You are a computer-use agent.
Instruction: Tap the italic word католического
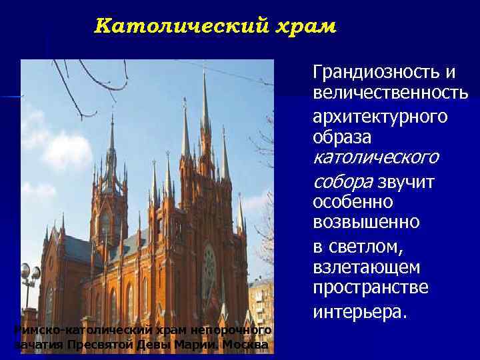[375, 158]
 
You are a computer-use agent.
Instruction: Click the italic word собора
[343, 181]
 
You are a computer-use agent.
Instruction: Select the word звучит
[406, 181]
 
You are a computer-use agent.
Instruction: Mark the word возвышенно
[366, 222]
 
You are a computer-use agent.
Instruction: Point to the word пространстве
[371, 288]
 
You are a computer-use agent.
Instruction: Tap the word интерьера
[359, 311]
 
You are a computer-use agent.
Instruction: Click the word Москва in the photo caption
[247, 345]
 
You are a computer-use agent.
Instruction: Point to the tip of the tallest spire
[205, 71]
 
